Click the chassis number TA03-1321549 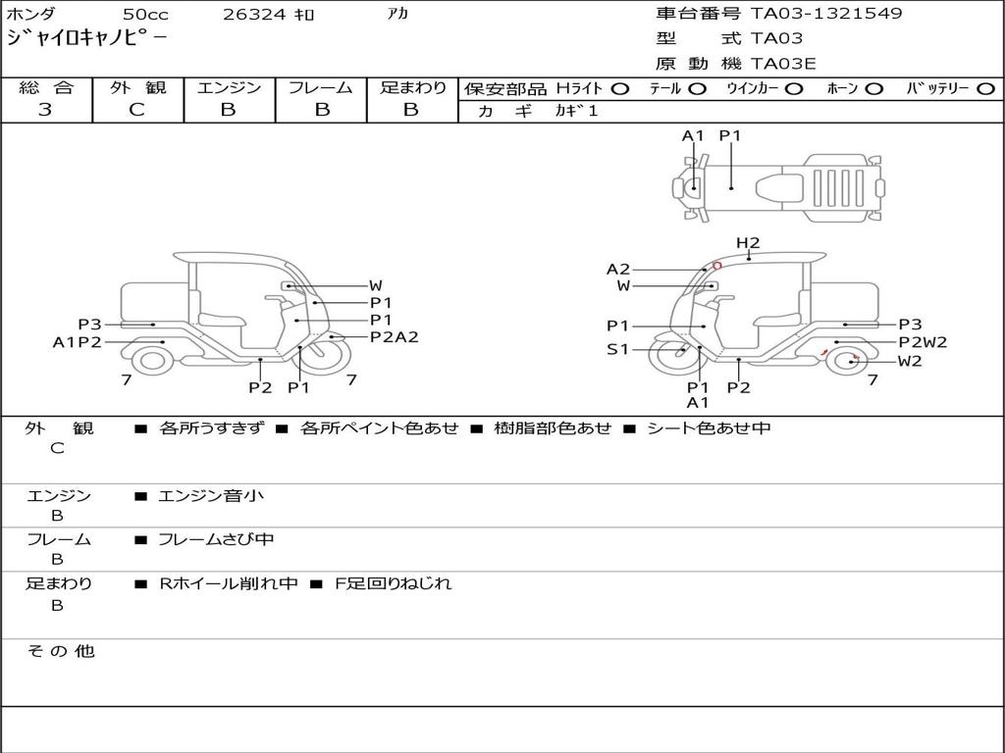[x=826, y=13]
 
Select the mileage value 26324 [x=254, y=14]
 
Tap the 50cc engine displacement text [x=145, y=14]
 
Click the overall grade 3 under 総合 [x=45, y=110]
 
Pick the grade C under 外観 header [x=136, y=110]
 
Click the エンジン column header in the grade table [x=229, y=87]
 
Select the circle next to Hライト [x=619, y=89]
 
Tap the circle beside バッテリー [x=985, y=89]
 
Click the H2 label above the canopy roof [x=747, y=243]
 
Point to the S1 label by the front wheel [x=618, y=350]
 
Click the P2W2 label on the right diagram [x=923, y=342]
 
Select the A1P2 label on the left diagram [x=77, y=342]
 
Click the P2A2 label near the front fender [x=395, y=337]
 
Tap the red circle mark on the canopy [x=717, y=265]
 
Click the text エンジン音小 [x=210, y=495]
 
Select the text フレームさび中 [x=216, y=539]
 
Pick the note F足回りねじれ [x=393, y=583]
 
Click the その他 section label [x=60, y=651]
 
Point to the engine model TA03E [x=783, y=64]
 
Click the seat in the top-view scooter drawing [x=779, y=187]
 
